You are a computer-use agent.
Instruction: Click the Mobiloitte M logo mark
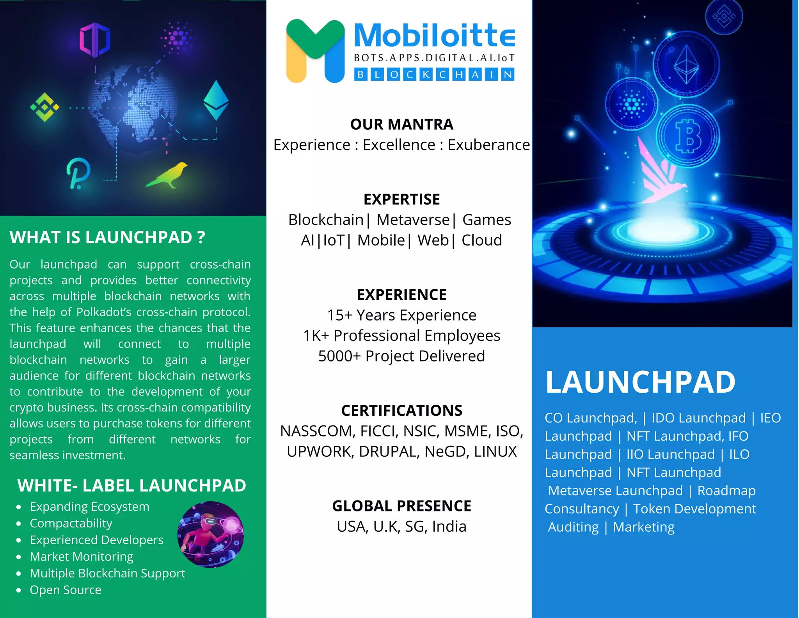tap(315, 51)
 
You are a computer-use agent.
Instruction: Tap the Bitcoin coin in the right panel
tap(688, 136)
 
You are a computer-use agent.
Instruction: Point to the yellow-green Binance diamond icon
tap(45, 107)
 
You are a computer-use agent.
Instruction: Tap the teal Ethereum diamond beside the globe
tap(216, 100)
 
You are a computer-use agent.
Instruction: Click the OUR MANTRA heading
tap(401, 125)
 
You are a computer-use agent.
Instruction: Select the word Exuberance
tap(488, 145)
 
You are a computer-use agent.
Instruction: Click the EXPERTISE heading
tap(401, 199)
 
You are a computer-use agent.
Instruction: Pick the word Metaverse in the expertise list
tap(413, 220)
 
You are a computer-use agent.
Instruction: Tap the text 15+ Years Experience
tap(401, 315)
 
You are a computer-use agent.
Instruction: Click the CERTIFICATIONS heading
tap(401, 411)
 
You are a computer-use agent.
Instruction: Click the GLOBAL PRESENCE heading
tap(401, 506)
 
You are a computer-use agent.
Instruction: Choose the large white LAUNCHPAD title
tap(640, 382)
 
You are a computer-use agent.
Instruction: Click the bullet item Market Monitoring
tap(82, 556)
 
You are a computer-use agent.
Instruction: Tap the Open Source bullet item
tap(66, 590)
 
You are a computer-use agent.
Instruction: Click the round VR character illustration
tap(211, 534)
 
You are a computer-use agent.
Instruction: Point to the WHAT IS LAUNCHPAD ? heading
tap(107, 237)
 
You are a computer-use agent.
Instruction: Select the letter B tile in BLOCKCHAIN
tap(361, 74)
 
